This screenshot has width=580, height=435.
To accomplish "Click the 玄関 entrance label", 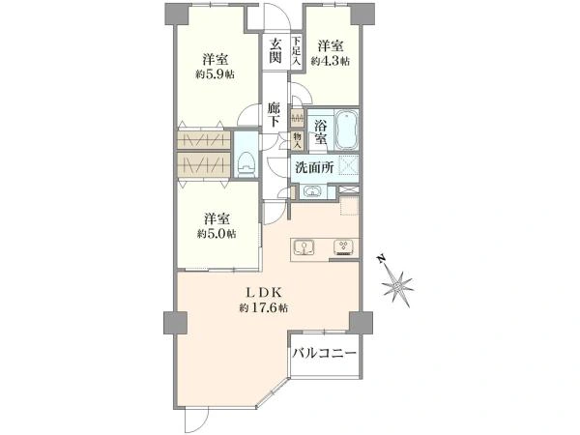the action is pos(275,50).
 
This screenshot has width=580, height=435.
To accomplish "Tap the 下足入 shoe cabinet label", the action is pos(297,51).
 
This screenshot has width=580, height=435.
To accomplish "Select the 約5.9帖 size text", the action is pos(215,74).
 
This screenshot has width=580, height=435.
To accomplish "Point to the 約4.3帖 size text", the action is pos(331,62).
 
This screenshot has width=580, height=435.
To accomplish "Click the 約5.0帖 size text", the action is pos(216,234).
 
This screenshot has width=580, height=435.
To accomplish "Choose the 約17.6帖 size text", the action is pos(263,307).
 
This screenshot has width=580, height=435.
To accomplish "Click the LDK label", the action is pos(265,293).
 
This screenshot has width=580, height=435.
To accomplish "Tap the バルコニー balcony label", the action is pos(325,353).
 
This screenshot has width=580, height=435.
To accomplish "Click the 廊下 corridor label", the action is pos(275,115).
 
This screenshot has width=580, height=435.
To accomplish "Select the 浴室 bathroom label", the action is pos(321,132).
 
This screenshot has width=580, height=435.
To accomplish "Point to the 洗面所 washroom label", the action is pos(314,168).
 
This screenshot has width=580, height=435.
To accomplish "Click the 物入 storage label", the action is pos(298,140).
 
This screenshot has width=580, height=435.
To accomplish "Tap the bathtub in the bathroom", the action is pos(346,130).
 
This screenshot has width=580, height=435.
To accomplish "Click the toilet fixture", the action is pos(246,165).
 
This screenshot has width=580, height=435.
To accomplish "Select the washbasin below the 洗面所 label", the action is pos(312,192).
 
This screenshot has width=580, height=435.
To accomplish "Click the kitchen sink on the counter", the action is pos(304,247).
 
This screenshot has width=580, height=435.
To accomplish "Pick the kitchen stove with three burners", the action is pos(343,248).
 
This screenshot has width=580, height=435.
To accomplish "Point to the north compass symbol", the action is pos(397,285).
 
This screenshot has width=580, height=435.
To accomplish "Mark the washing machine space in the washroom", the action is pos(348,165).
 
